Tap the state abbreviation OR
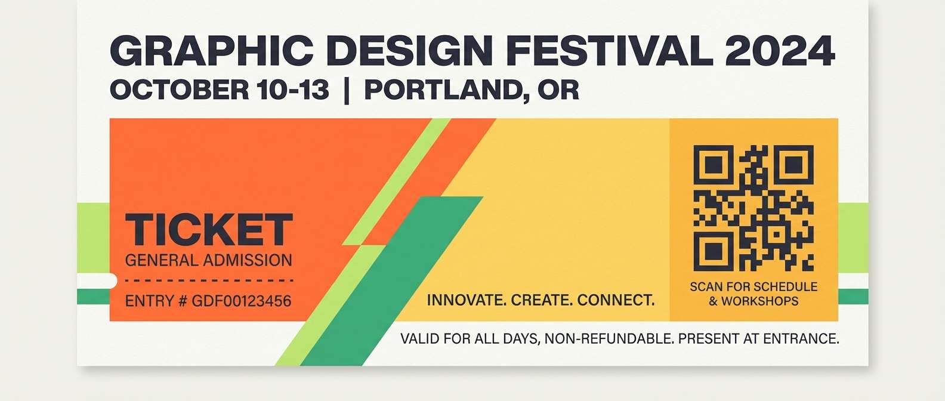[x=558, y=90]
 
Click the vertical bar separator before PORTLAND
[x=347, y=91]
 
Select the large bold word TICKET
[x=209, y=230]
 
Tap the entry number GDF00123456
[x=241, y=301]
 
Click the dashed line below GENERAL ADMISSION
[x=209, y=280]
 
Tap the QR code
[x=753, y=208]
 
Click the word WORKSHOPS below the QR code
[x=759, y=301]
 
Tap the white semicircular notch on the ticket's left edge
[x=112, y=281]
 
